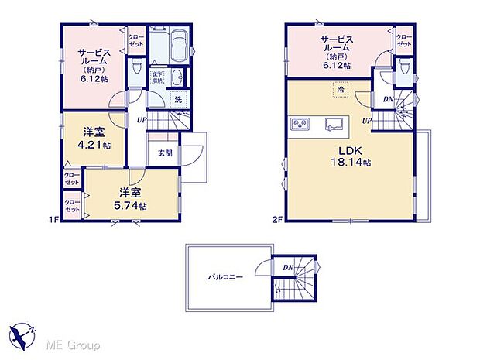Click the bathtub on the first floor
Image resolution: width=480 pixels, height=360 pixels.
coord(177,45)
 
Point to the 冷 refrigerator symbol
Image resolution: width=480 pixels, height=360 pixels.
coord(341,91)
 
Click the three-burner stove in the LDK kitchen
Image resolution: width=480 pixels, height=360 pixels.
coord(300,124)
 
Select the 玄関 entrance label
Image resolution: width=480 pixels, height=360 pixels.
coord(166,153)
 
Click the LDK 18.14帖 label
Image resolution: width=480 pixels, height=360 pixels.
coord(348,156)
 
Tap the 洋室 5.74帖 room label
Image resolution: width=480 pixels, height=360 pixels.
coord(132,199)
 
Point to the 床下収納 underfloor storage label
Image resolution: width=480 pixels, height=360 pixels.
coord(156,76)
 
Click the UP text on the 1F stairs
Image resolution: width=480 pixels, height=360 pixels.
coord(142,120)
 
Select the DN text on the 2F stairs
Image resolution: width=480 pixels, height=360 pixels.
coord(386,98)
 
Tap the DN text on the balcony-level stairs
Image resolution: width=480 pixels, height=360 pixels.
coord(287,268)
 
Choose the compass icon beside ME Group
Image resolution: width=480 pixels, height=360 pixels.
coord(24,335)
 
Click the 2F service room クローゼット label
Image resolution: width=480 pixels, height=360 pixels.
coord(403,40)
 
